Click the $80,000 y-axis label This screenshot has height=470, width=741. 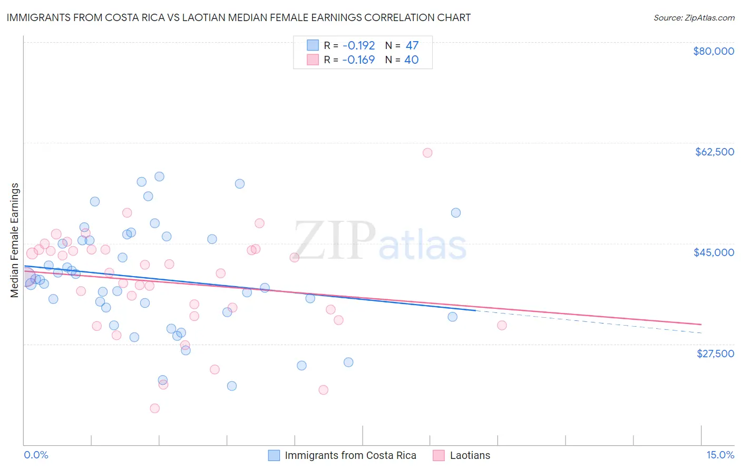click(x=713, y=51)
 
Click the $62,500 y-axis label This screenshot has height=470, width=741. click(x=714, y=152)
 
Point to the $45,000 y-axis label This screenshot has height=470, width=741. click(x=714, y=252)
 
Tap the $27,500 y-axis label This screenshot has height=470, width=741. click(x=715, y=354)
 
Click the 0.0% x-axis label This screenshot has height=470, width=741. click(x=36, y=455)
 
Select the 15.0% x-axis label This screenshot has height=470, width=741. click(x=720, y=455)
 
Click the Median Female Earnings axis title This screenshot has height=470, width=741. click(x=15, y=240)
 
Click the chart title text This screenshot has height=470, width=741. click(x=238, y=17)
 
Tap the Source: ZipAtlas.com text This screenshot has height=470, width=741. click(x=694, y=18)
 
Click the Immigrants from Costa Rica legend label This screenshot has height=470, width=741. click(x=350, y=456)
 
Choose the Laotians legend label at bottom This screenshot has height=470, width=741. click(x=470, y=456)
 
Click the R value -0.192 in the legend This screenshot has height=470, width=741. click(x=358, y=46)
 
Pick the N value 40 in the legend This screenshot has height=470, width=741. click(x=411, y=60)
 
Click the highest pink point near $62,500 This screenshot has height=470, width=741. click(x=427, y=153)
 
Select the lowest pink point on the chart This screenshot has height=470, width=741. click(x=154, y=408)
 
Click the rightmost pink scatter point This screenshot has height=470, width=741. click(x=502, y=326)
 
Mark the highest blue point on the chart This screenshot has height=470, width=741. click(x=159, y=177)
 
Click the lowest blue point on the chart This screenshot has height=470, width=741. click(x=231, y=386)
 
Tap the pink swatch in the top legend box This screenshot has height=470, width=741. click(x=313, y=60)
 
